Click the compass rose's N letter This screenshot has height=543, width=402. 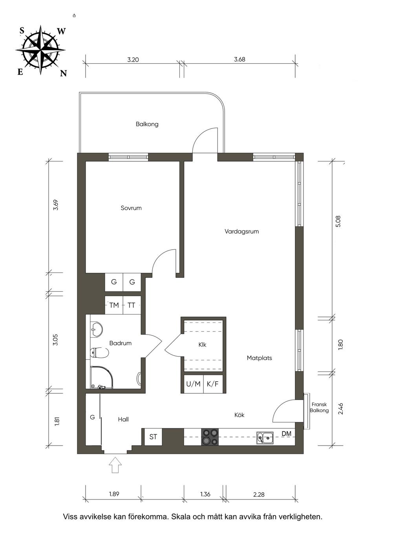point(64,73)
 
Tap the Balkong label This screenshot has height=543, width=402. point(147,124)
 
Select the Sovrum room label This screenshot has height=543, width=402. point(131,208)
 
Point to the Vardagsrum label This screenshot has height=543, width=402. point(242,231)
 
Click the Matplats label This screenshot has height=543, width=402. point(259,358)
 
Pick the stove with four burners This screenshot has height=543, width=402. point(210,437)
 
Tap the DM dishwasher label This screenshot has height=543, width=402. point(287,433)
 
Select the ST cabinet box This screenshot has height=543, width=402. point(153,437)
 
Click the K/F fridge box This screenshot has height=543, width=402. point(213,384)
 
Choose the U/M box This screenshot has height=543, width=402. point(194,384)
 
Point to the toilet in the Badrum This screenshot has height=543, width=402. point(99,353)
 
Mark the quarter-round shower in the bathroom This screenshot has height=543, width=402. point(101,377)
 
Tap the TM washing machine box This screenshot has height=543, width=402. point(114,305)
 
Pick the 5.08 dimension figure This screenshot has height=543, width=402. point(338,221)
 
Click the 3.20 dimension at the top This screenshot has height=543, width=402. point(133,60)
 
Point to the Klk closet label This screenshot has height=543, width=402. point(203,345)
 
